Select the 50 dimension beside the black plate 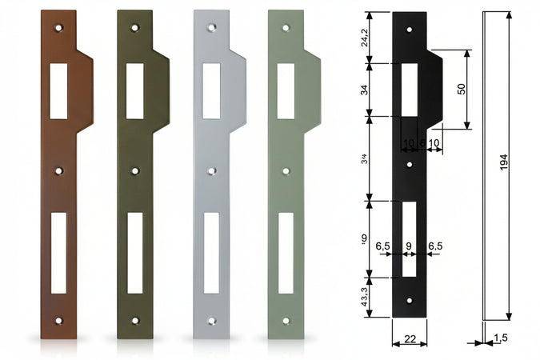point(462,89)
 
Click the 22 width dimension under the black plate point(409,339)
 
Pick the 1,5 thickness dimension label point(500,338)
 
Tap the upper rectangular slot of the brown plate point(58,91)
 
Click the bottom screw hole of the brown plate point(58,320)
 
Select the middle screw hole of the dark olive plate point(134,170)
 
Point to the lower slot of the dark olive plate point(134,252)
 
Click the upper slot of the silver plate point(211,91)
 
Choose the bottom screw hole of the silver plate point(211,320)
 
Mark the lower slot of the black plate point(409,238)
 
